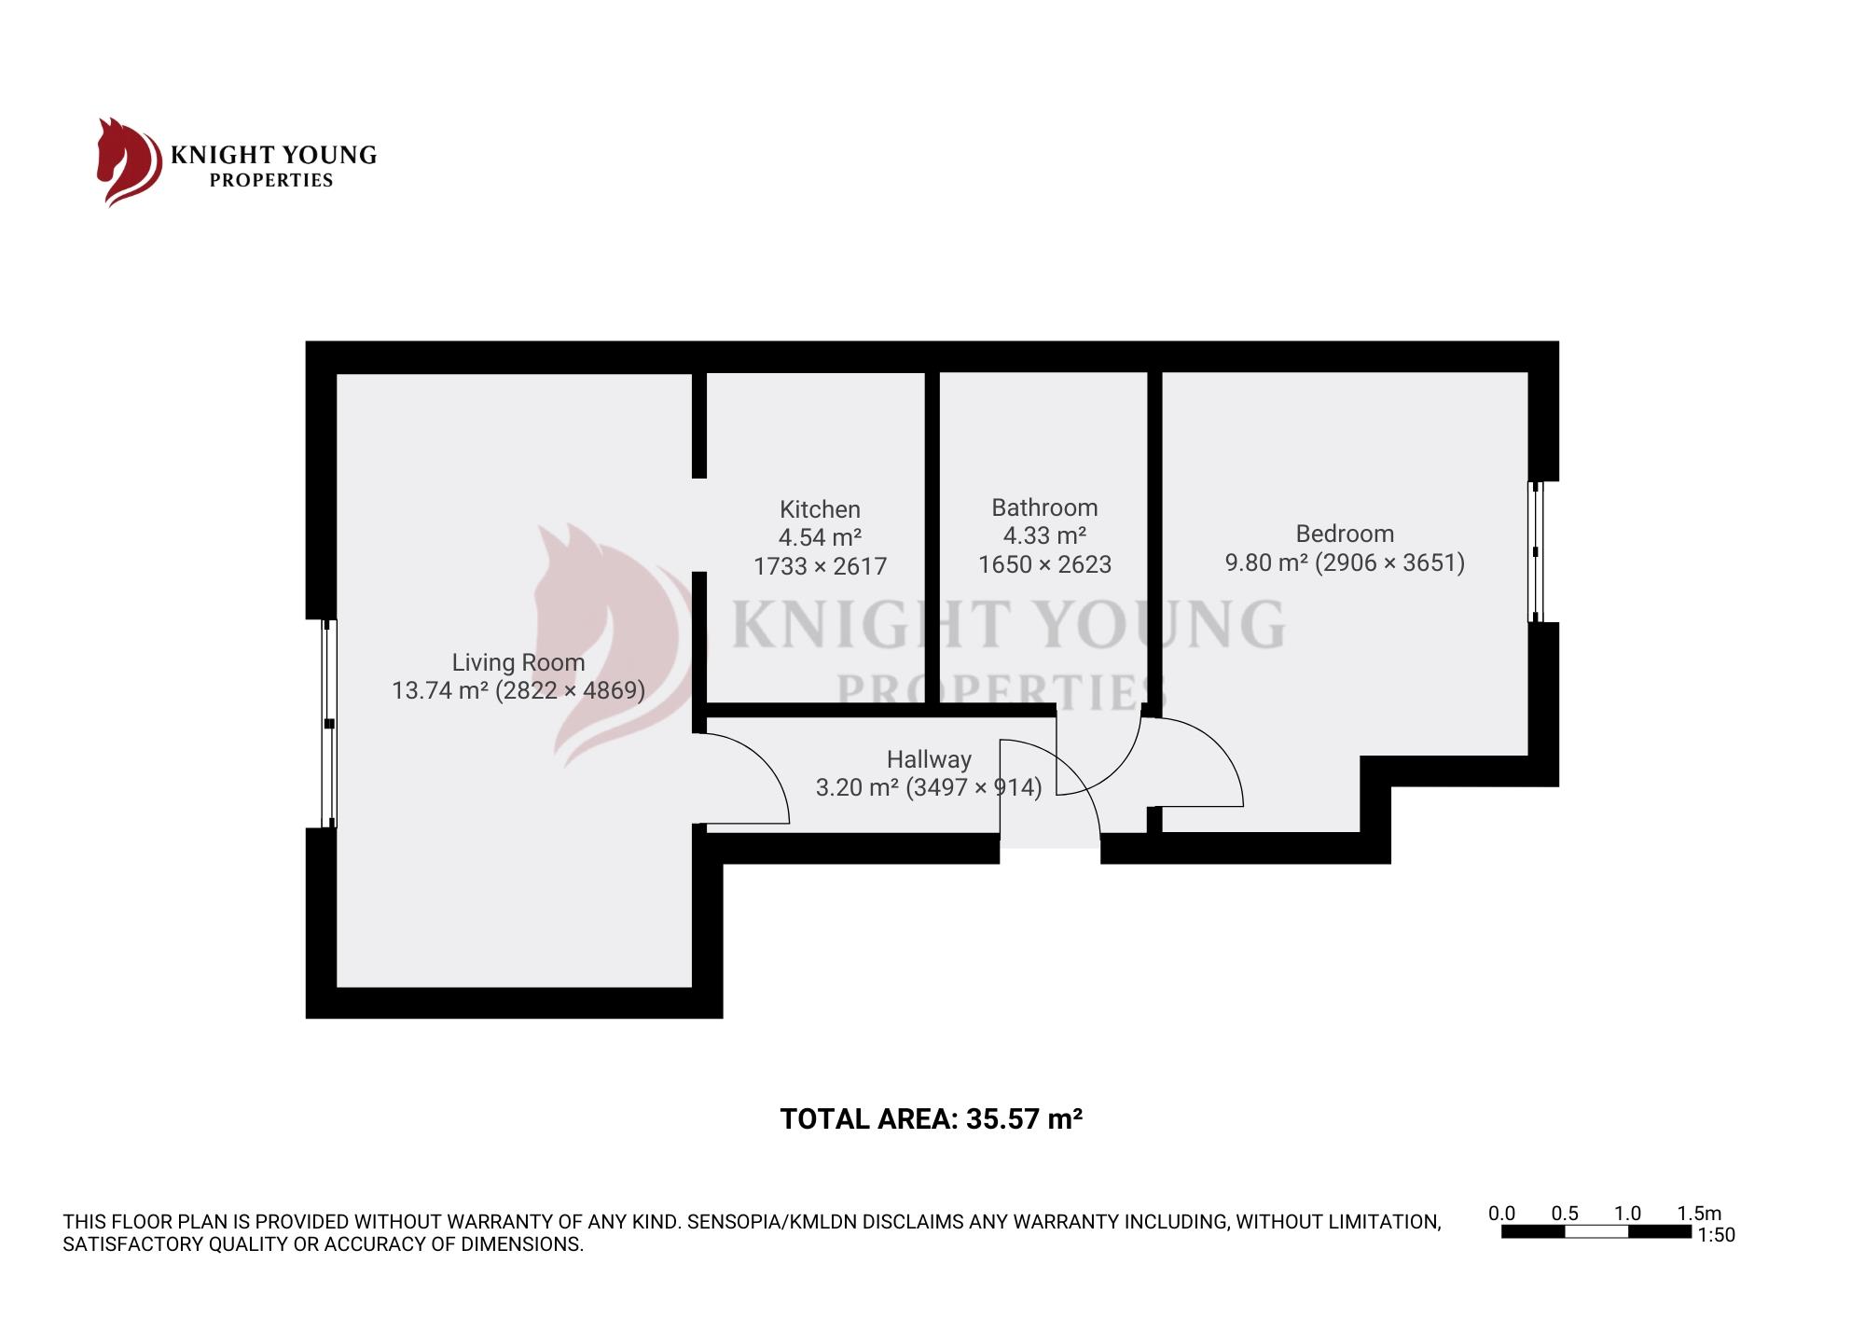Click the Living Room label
518,662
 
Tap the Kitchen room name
820,509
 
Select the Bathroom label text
1044,507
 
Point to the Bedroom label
1345,534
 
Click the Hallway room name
929,759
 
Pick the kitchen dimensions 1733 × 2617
820,566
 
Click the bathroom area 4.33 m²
1044,535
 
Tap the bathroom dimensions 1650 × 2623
1044,564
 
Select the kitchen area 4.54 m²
820,537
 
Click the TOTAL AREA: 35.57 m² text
931,1118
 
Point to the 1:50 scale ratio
1716,1235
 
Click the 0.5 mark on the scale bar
1565,1214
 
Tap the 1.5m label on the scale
1699,1214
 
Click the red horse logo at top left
129,161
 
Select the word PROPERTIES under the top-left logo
271,181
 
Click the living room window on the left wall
328,723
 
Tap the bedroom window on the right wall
1536,551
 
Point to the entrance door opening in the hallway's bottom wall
1050,848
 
